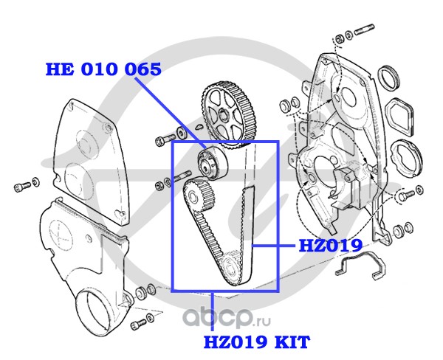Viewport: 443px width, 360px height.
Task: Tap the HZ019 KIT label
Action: pos(256,342)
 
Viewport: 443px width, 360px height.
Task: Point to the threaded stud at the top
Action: pos(369,32)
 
